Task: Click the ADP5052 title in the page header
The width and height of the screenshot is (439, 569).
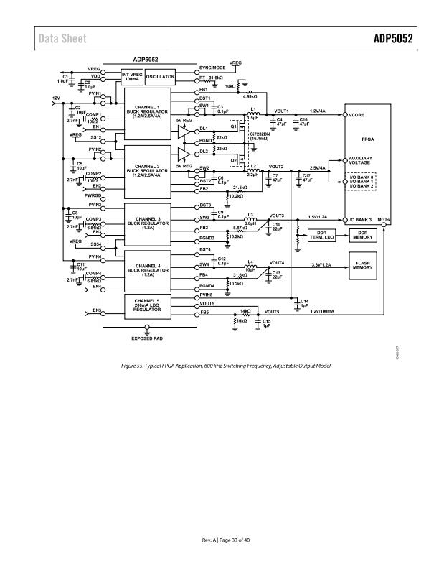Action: coord(393,39)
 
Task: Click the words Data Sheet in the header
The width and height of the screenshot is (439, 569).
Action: coord(62,39)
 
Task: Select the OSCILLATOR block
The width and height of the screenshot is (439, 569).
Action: coord(161,77)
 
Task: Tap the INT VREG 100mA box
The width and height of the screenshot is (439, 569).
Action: coord(131,76)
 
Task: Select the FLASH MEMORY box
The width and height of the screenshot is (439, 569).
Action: coord(363,264)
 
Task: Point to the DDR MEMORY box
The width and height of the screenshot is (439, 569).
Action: coord(363,235)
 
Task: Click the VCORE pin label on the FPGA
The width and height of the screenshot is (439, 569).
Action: coord(357,114)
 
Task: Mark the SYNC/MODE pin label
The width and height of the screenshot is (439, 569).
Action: coord(212,68)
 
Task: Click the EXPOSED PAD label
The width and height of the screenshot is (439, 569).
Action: coord(147,338)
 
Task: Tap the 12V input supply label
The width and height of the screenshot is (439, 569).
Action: coord(55,97)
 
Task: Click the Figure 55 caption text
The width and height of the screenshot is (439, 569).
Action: coord(219,366)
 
